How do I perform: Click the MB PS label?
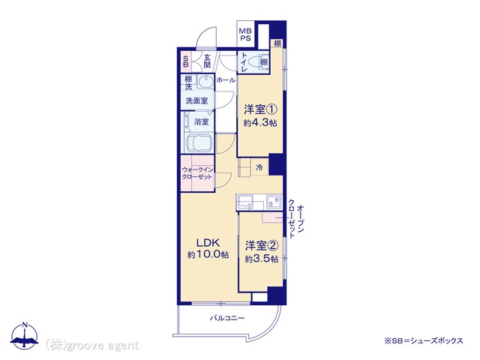245,34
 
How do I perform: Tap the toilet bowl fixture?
254,62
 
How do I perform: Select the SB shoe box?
185,61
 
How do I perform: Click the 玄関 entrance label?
207,61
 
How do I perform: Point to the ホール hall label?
226,80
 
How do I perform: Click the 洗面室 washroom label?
196,100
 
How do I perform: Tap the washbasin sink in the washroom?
205,82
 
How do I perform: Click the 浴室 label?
201,121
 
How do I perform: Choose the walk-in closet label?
196,173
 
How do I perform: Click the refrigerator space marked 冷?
259,167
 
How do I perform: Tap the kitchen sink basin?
274,202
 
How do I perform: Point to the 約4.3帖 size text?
260,123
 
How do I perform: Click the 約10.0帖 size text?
208,255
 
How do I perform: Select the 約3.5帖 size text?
262,259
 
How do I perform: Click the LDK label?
208,243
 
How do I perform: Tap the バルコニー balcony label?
227,318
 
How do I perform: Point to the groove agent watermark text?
91,346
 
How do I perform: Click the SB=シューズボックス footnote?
424,340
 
